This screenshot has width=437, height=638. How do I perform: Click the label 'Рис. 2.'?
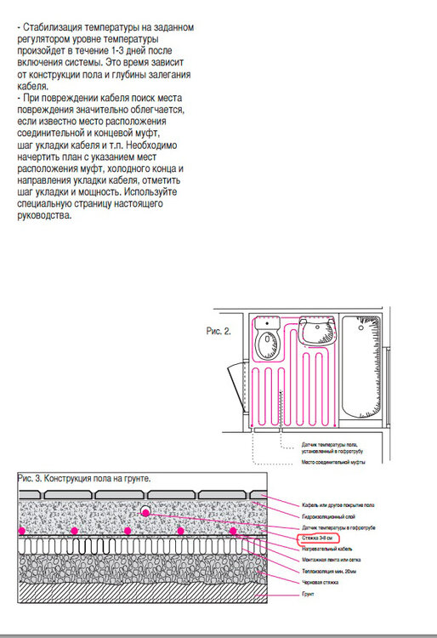tap(219, 327)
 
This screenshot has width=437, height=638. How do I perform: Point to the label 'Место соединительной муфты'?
tap(333, 463)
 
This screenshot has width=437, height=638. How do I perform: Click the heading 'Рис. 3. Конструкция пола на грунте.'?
tap(84, 479)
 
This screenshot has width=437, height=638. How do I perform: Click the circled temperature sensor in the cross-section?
tap(145, 511)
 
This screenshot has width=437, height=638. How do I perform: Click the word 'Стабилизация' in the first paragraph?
tap(49, 28)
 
